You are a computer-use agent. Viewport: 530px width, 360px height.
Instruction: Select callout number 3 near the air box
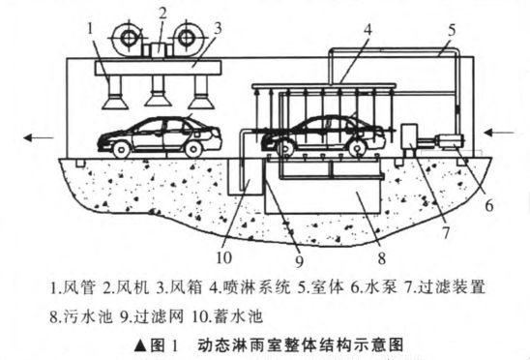pyautogui.click(x=193, y=29)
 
